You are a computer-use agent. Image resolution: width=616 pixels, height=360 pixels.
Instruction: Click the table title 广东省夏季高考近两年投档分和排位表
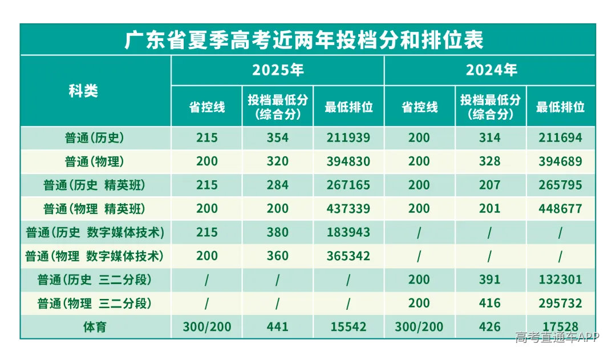[303, 40]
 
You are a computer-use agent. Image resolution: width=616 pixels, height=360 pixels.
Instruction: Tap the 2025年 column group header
[278, 70]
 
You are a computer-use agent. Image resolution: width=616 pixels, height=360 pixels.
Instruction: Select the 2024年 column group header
[491, 70]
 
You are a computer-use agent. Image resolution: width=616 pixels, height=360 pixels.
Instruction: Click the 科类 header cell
[83, 91]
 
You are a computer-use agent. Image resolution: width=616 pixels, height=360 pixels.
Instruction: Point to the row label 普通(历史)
[94, 138]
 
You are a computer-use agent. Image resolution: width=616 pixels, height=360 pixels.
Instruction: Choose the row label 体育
[94, 326]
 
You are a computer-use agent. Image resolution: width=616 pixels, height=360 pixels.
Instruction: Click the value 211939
[348, 138]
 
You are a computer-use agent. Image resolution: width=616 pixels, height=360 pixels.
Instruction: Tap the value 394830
[348, 161]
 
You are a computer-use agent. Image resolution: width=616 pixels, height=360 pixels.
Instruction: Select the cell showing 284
[277, 185]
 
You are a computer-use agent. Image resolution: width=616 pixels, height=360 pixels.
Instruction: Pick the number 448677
[560, 209]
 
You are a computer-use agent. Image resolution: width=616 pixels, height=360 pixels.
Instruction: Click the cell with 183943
[348, 232]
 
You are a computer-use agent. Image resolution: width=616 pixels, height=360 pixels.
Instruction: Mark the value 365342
[348, 256]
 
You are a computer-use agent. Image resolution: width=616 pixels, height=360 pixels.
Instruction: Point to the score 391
[489, 280]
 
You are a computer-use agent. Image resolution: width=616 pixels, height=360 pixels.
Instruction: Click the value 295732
[560, 303]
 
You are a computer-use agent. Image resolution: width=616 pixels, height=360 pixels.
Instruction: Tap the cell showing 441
[277, 326]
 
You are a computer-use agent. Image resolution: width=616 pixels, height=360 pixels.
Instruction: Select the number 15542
[348, 326]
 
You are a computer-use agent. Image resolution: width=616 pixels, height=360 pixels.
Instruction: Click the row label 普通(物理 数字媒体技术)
[94, 256]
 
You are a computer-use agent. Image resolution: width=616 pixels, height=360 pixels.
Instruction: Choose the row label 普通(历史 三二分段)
[94, 280]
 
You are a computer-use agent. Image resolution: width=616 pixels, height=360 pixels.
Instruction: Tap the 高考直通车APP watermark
[557, 337]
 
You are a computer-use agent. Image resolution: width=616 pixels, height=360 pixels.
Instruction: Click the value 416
[489, 303]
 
